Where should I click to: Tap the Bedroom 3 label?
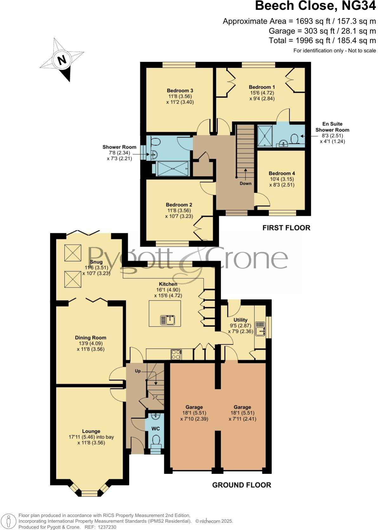click(x=180, y=91)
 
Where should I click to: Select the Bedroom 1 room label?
click(x=262, y=87)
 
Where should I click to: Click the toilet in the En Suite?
click(x=295, y=139)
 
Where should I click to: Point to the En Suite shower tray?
click(x=265, y=136)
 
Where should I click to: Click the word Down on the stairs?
click(x=245, y=183)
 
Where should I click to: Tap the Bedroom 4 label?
click(x=282, y=173)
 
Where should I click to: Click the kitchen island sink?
click(x=168, y=320)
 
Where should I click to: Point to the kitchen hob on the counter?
click(x=176, y=354)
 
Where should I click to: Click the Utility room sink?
click(x=261, y=329)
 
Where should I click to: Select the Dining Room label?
click(x=90, y=338)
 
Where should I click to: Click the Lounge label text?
click(x=91, y=431)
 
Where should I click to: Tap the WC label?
click(x=155, y=429)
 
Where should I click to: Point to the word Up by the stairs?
click(x=138, y=371)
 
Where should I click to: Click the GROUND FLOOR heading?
click(x=241, y=485)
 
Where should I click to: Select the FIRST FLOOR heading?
click(x=286, y=228)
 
